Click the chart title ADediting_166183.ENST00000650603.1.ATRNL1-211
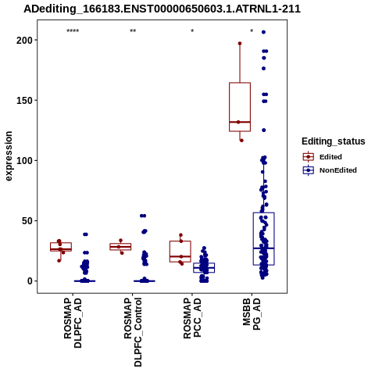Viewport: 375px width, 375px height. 162,9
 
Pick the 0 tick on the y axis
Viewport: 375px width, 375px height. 30,281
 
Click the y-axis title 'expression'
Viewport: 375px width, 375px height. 9,156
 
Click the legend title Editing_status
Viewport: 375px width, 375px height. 334,141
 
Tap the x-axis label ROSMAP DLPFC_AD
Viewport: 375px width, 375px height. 73,323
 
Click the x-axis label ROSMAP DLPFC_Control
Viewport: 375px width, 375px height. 133,332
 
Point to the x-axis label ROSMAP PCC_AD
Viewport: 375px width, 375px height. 192,318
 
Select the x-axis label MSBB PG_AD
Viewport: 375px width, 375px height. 252,314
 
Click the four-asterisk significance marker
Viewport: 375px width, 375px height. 73,31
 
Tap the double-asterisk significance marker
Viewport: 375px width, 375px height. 133,31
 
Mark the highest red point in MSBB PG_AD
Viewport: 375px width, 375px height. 240,44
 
